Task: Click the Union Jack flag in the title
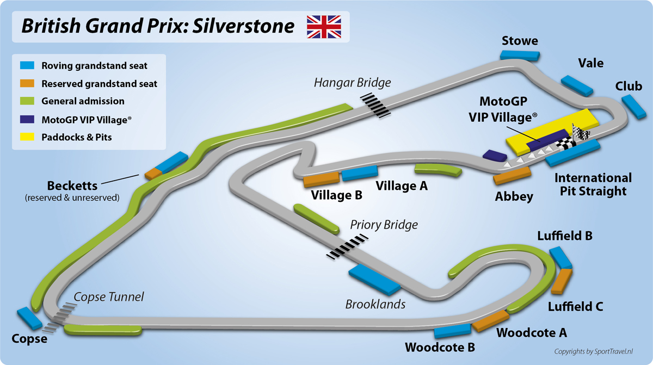[x=324, y=27]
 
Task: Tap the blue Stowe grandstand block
[x=520, y=54]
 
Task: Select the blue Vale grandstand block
[x=577, y=85]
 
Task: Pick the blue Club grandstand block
[x=633, y=106]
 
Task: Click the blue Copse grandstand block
[x=29, y=319]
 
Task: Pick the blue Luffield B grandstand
[x=560, y=257]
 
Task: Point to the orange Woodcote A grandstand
[x=491, y=321]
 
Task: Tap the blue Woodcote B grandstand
[x=452, y=330]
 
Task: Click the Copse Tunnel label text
[x=109, y=297]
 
